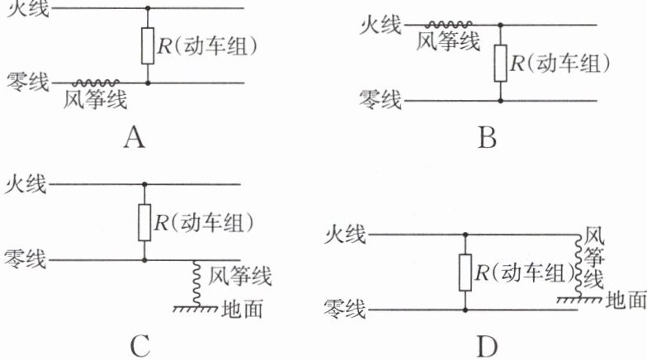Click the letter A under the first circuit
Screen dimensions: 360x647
134,138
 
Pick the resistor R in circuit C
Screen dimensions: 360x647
144,221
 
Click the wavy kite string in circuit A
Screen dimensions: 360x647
97,83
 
